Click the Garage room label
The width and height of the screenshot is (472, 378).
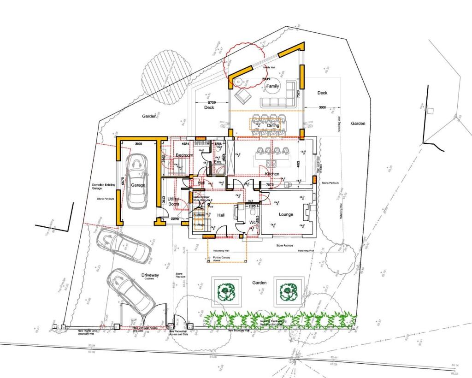coord(138,185)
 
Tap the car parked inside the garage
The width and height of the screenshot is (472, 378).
coord(137,180)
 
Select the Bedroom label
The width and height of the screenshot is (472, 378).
coord(184,155)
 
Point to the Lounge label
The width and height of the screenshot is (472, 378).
coord(286,214)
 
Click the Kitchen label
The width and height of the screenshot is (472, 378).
coord(272,174)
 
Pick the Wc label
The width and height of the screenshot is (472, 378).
coord(252,222)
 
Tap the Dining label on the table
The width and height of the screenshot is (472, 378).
coord(273,125)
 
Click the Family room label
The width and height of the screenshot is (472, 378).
coord(272,86)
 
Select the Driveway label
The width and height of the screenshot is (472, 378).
coord(150,275)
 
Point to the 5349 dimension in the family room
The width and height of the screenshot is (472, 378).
coord(266,79)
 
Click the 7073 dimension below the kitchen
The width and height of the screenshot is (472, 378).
coord(269,185)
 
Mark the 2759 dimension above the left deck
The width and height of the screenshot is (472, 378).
coord(212,102)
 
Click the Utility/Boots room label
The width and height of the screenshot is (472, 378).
coord(174,201)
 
